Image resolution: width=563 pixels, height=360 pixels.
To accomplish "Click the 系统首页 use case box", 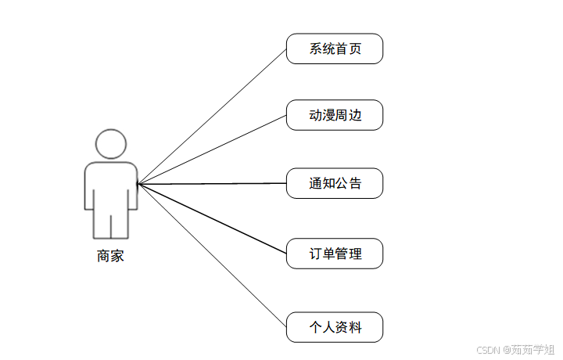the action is coord(335,49).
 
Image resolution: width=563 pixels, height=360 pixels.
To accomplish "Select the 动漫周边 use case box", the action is coord(335,116).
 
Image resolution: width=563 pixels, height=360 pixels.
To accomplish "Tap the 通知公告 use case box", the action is coord(335,184).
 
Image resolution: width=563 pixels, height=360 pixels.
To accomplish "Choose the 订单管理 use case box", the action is coord(335,254).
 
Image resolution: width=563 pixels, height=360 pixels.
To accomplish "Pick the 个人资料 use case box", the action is coord(335,327).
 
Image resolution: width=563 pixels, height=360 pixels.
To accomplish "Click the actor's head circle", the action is coord(110,146).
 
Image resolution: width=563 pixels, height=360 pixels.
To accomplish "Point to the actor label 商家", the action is coord(110,256).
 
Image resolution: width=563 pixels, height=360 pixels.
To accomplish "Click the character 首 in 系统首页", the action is coord(342,49).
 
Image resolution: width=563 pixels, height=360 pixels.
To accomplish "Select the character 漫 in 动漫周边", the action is coord(328,117).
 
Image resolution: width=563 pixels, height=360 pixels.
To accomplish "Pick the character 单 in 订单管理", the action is coord(328,254).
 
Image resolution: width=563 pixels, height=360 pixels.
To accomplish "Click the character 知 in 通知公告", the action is coord(328,185).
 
